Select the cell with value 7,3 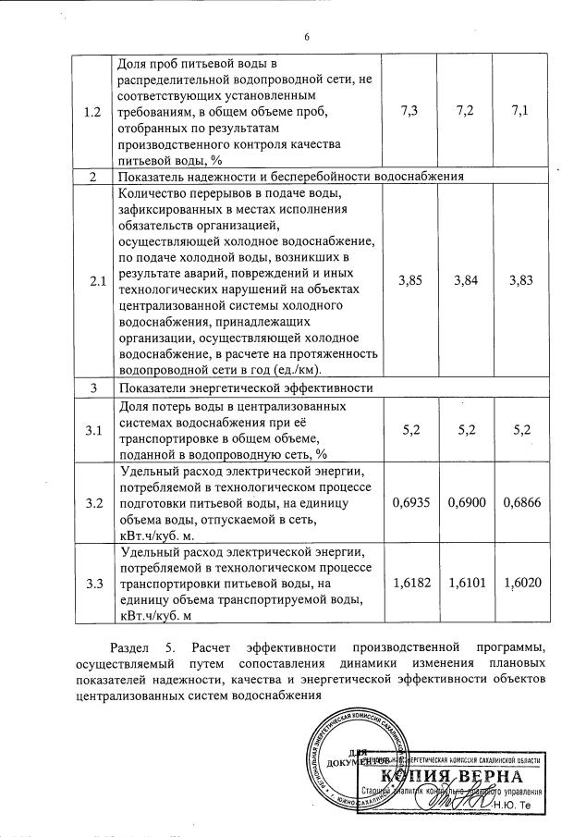pyautogui.click(x=411, y=112)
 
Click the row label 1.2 pyautogui.click(x=92, y=112)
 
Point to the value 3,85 pyautogui.click(x=411, y=281)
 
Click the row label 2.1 pyautogui.click(x=92, y=281)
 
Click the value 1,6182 pyautogui.click(x=411, y=584)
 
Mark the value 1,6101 pyautogui.click(x=466, y=584)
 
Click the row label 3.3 pyautogui.click(x=92, y=584)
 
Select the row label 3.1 pyautogui.click(x=92, y=430)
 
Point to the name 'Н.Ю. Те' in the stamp pyautogui.click(x=519, y=806)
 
